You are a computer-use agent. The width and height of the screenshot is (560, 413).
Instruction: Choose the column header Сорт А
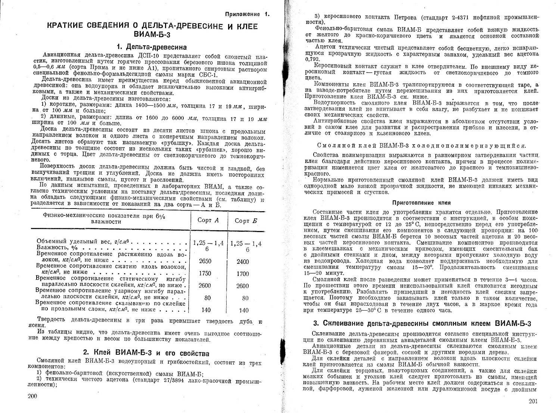(x=208, y=221)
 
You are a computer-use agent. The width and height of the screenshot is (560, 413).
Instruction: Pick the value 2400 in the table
(x=243, y=262)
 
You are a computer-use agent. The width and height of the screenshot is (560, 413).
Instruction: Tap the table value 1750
(x=205, y=274)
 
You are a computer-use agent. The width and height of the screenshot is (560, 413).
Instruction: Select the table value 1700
(x=243, y=274)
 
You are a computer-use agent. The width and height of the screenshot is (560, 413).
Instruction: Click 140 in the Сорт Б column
(x=244, y=310)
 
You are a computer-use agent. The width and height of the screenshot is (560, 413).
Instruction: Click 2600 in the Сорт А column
(x=205, y=286)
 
